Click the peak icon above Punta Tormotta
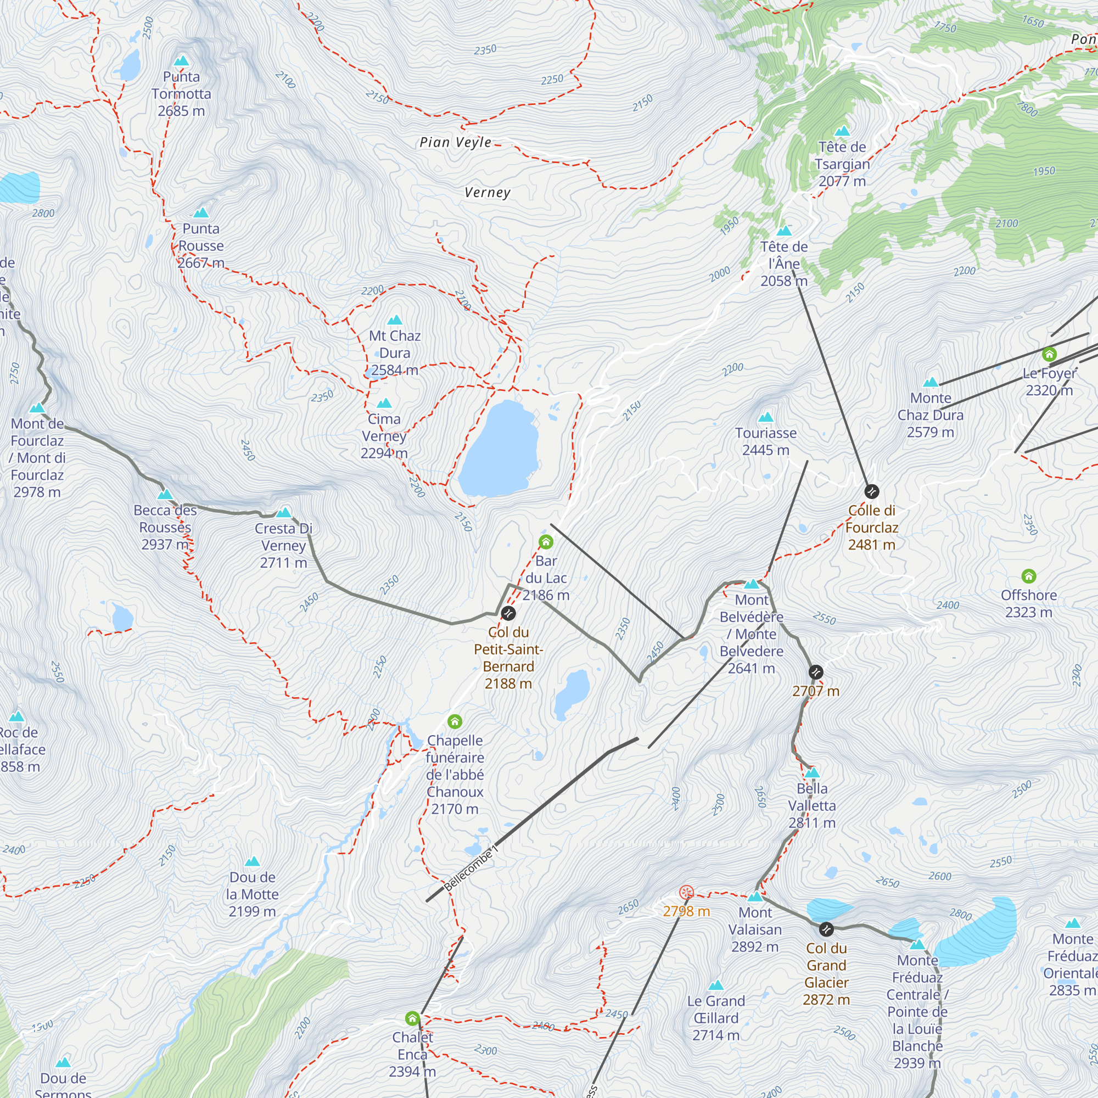coord(181,61)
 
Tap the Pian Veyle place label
coord(455,142)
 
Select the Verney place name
coord(487,192)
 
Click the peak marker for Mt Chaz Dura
coord(394,320)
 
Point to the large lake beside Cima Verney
coord(499,449)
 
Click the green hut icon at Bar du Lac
coord(546,542)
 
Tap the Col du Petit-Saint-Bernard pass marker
coord(508,613)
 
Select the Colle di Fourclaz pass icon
coord(871,491)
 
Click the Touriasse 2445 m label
coord(765,441)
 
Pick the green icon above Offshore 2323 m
coord(1029,576)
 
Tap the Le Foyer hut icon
coord(1049,355)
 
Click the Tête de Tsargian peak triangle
coord(842,131)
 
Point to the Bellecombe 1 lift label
coord(470,869)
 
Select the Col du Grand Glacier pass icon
coord(826,929)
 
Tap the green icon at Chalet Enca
coord(413,1018)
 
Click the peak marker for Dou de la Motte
coord(252,861)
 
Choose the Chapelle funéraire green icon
coord(455,722)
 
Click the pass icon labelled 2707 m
coord(816,673)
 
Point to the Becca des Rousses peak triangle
coord(165,494)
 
